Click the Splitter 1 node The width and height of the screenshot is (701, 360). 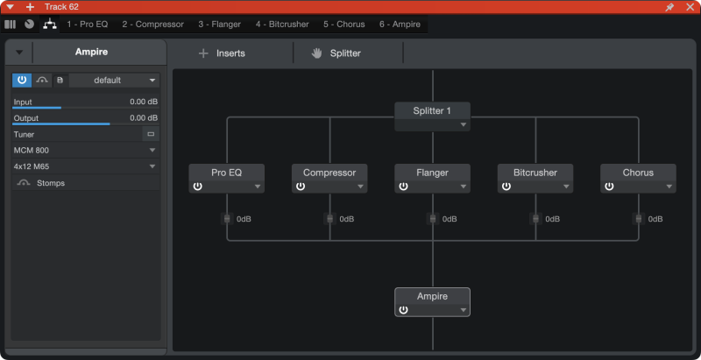tap(432, 116)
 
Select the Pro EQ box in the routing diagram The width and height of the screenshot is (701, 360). tap(227, 178)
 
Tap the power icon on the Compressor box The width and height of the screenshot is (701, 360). tap(301, 187)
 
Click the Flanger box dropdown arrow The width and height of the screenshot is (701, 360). tap(464, 187)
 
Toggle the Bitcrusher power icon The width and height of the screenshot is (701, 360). tap(506, 187)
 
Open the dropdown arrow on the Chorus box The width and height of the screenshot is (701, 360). tap(669, 187)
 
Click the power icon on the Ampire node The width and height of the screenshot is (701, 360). tap(403, 310)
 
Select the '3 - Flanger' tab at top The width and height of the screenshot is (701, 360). tap(220, 25)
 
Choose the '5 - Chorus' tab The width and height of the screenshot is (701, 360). tap(344, 25)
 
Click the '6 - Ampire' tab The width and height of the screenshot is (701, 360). tap(400, 25)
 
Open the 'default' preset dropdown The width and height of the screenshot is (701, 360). tap(114, 81)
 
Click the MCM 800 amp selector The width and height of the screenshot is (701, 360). tap(85, 150)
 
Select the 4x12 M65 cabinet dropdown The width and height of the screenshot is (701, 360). tap(85, 166)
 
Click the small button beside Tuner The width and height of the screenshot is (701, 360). tap(151, 134)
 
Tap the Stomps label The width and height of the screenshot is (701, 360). tap(51, 183)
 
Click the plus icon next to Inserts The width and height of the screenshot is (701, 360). tap(203, 53)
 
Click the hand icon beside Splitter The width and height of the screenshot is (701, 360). tap(317, 53)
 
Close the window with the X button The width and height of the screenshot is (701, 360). tap(690, 7)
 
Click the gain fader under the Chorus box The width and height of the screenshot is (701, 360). tap(639, 219)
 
